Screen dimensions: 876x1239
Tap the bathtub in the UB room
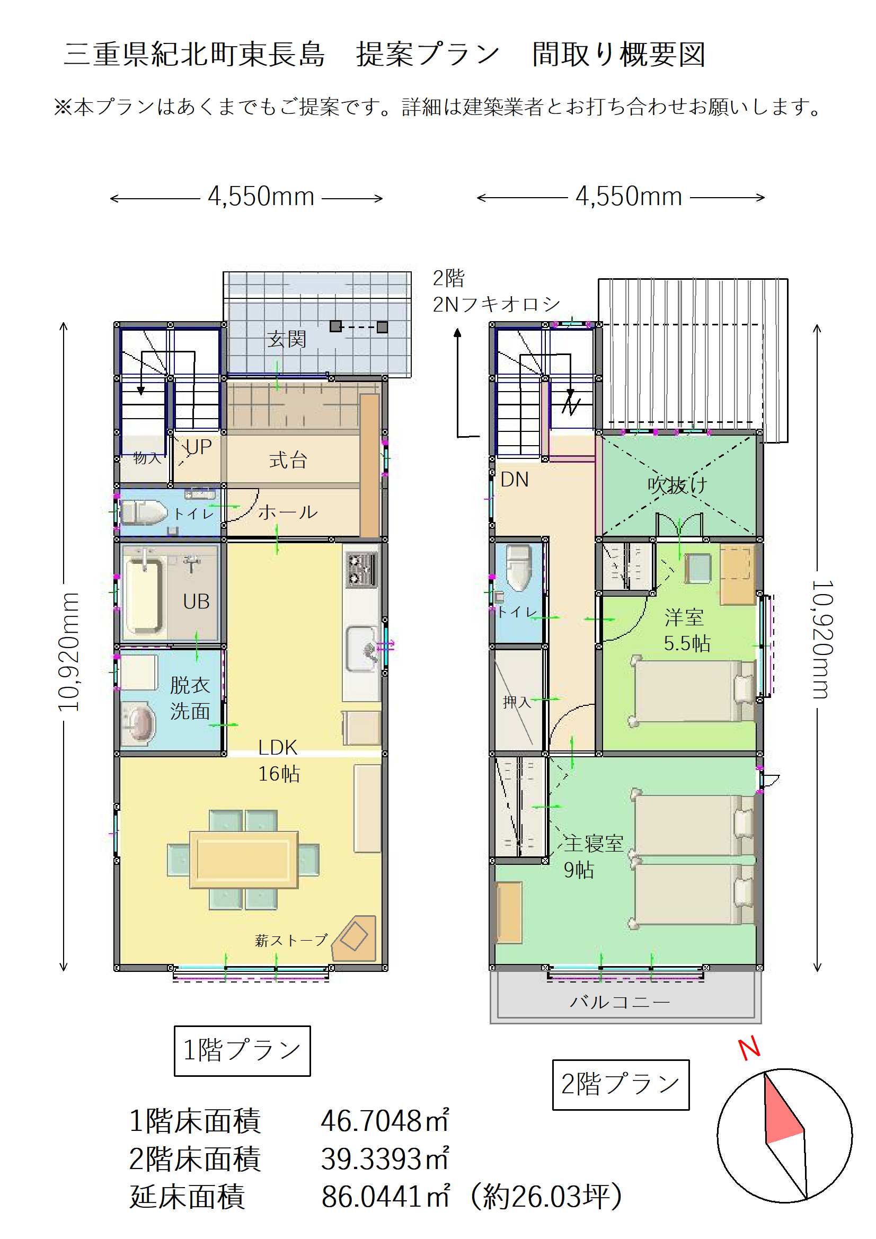pos(144,594)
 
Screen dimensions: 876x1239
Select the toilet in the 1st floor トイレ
pos(144,512)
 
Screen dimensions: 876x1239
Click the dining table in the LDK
pos(243,860)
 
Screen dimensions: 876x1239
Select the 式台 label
pos(288,460)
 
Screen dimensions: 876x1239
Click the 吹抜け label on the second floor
pos(677,484)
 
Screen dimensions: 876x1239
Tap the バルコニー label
pos(620,1002)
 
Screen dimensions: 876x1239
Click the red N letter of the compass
pos(749,1049)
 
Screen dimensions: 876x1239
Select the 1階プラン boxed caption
pos(242,1051)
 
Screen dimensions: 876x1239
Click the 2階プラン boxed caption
pos(621,1085)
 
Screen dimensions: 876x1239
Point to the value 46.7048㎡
pos(385,1121)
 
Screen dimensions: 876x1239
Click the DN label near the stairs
pos(515,480)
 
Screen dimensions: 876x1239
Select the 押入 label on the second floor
pos(517,702)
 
